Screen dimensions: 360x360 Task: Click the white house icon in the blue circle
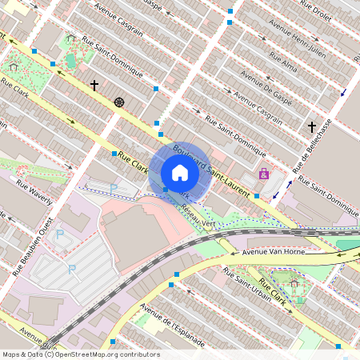pos(180,173)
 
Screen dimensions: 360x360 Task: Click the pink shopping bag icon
pos(263,173)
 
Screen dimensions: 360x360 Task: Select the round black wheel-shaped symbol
pos(119,102)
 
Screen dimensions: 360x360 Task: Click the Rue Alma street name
pos(286,62)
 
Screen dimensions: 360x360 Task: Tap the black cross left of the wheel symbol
pos(94,85)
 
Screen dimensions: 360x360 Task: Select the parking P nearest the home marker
pos(113,188)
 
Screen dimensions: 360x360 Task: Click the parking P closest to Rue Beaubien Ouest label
pos(59,234)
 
